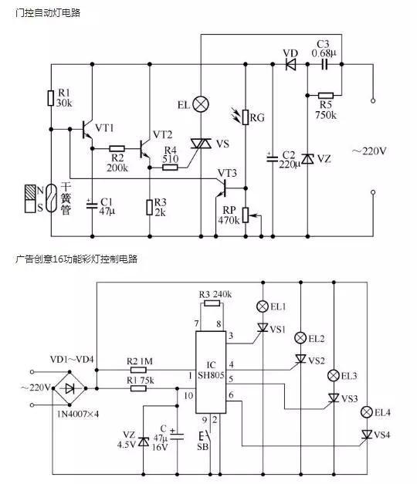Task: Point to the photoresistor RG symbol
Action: [x=246, y=117]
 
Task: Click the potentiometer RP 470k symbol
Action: [x=245, y=214]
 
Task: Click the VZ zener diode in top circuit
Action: [x=307, y=158]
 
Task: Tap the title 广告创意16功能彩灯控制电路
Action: [x=79, y=259]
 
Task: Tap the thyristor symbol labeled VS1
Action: [x=264, y=328]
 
